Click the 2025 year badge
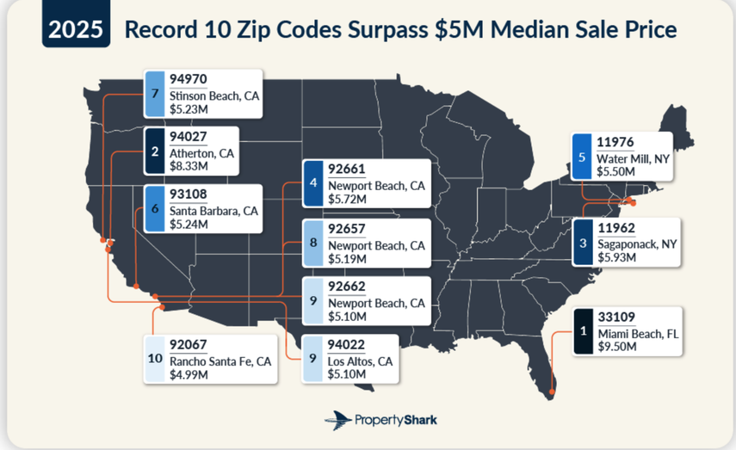(76, 30)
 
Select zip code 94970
(189, 80)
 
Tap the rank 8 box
(312, 243)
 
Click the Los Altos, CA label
(360, 361)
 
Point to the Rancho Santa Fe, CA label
(221, 362)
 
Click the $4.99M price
(188, 376)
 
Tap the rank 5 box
(583, 157)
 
